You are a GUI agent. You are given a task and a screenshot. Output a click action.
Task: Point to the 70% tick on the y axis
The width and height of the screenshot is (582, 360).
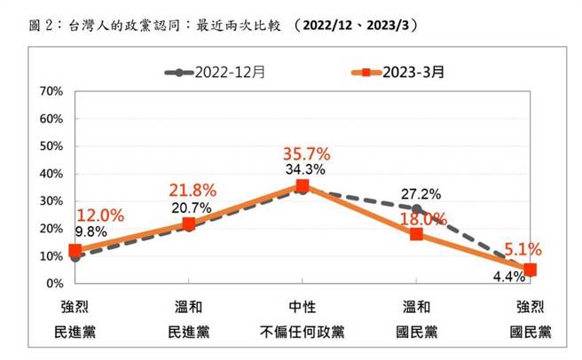point(51,91)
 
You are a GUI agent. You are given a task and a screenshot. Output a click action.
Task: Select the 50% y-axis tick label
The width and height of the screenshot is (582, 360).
point(51,146)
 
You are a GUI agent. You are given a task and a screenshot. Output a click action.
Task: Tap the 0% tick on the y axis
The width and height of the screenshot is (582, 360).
point(54,284)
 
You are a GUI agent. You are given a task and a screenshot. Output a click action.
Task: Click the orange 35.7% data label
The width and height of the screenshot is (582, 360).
point(303,153)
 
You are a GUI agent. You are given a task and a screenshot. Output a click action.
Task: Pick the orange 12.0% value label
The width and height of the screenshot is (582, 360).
point(99,215)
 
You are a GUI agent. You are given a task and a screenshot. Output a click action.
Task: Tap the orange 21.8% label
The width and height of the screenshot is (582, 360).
point(189,189)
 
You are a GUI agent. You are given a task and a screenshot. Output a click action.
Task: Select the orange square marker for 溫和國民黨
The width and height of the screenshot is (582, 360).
point(416,234)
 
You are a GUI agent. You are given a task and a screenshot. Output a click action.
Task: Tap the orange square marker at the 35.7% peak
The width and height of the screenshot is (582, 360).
point(303,186)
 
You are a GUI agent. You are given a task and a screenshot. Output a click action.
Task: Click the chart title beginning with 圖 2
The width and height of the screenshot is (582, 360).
point(213,24)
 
